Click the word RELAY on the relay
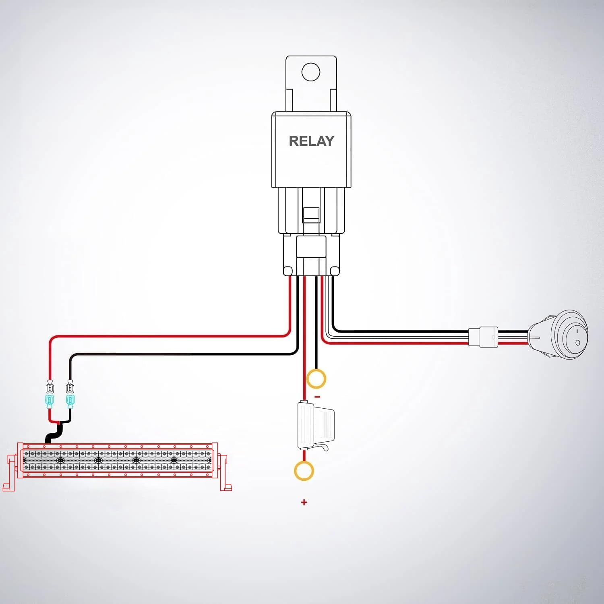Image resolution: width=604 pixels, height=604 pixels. point(311,141)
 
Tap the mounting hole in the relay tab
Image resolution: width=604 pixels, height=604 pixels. point(311,72)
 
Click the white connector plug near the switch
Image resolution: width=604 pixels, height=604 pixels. point(483,337)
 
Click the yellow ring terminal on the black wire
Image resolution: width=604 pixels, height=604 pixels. point(316,379)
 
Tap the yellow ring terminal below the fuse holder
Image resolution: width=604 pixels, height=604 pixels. point(304,471)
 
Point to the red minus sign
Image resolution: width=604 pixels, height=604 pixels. point(317,397)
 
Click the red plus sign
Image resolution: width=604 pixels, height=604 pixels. point(304,502)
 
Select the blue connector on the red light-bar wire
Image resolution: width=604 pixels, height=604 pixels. point(50,401)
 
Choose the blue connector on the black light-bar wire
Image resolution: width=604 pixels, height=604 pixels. point(70,401)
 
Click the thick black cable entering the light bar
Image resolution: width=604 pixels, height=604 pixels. point(55,433)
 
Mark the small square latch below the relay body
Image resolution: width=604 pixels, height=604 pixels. point(311,215)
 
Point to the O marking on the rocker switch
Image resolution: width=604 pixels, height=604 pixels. point(578,343)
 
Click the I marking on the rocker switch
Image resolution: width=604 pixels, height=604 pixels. point(577,331)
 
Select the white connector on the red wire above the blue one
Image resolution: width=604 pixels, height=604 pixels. point(50,387)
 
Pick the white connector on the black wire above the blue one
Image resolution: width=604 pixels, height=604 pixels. point(70,387)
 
